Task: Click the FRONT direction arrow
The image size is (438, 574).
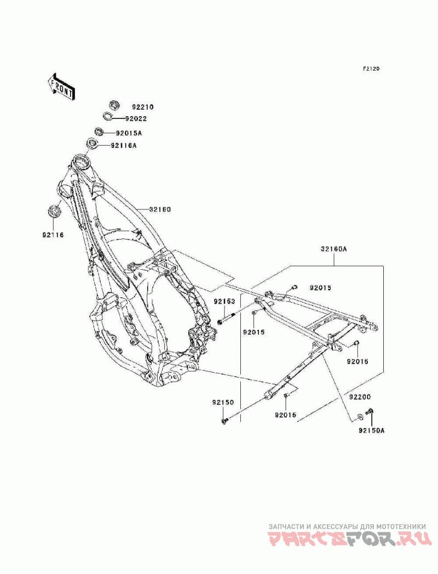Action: [61, 87]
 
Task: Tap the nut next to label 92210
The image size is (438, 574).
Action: [114, 105]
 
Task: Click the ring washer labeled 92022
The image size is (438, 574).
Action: [107, 117]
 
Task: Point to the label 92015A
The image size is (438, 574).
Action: [129, 133]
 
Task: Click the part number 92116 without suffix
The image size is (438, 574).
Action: [53, 235]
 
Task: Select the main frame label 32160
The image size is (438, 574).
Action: [160, 210]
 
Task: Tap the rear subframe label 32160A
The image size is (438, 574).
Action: [333, 249]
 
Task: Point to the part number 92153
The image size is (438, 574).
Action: [224, 302]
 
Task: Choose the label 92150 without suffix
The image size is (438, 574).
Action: [222, 403]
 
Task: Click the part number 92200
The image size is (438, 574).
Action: [359, 397]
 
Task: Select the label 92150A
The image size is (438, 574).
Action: [371, 430]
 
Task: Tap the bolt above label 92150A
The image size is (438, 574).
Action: [370, 412]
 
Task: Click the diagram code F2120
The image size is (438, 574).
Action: [371, 69]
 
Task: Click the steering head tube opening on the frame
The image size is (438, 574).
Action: [81, 161]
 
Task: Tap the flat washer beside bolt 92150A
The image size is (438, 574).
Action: [360, 416]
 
